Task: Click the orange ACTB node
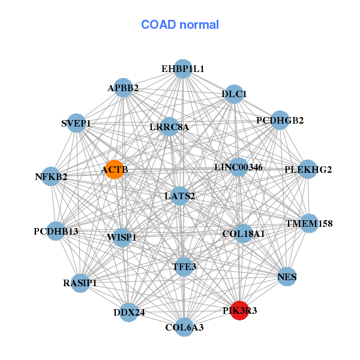(x=115, y=169)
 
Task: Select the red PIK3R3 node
(x=239, y=310)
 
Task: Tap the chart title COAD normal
(x=180, y=25)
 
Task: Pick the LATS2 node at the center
(x=180, y=196)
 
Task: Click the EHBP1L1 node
(x=183, y=69)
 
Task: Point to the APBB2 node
(x=123, y=88)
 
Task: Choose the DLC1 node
(x=234, y=94)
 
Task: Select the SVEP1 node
(x=76, y=123)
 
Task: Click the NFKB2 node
(x=51, y=176)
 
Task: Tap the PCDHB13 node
(x=56, y=231)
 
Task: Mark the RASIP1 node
(x=80, y=283)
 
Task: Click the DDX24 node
(x=129, y=312)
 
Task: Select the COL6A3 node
(x=184, y=327)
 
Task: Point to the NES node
(x=287, y=277)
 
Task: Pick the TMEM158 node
(x=309, y=223)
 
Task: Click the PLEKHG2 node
(x=308, y=169)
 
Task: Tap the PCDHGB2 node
(x=280, y=120)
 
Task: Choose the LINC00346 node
(x=239, y=167)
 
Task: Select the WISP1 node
(x=122, y=238)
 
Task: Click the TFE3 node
(x=184, y=267)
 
